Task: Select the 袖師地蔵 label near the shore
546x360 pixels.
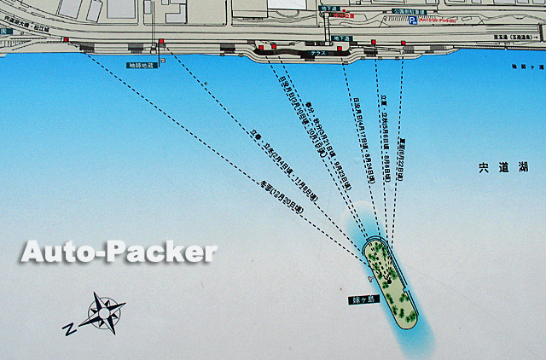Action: [141, 65]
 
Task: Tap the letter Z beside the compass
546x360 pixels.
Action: [68, 328]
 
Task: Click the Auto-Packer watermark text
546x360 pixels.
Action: [119, 252]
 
